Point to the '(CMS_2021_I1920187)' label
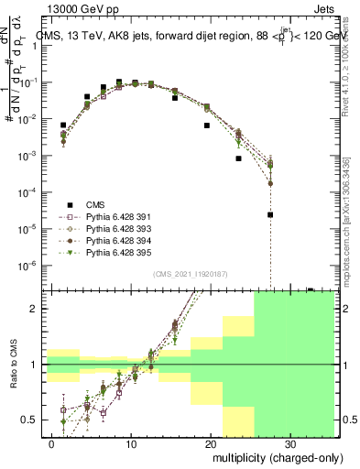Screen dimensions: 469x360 coord(190,273)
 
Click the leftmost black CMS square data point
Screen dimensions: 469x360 coord(63,125)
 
